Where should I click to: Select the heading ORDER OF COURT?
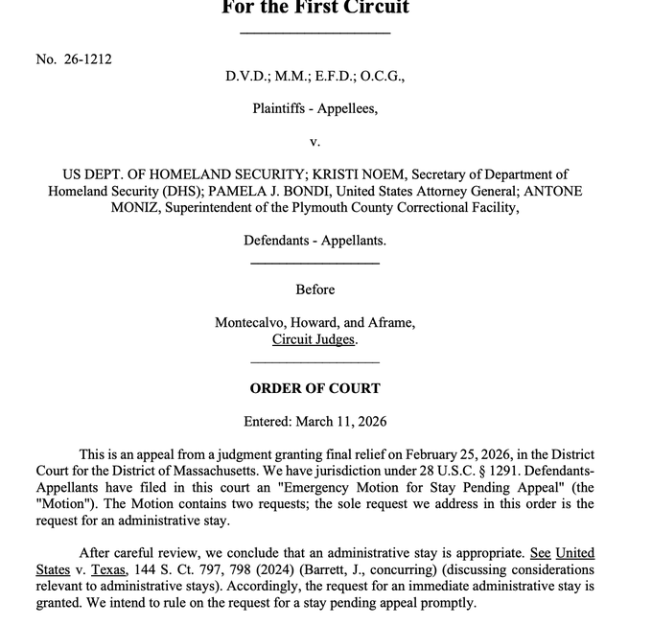point(314,388)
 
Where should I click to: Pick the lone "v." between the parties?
point(314,142)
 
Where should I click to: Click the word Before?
point(314,289)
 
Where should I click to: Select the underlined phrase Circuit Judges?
point(314,339)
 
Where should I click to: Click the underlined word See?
point(540,553)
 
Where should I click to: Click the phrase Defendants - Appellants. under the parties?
point(314,240)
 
